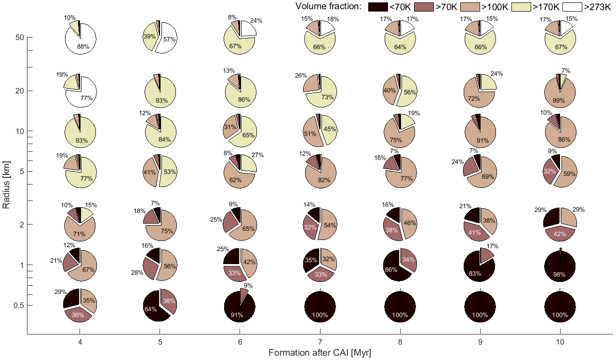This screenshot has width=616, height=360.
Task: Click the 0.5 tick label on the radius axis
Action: [17, 305]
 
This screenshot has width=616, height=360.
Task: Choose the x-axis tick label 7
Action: [320, 343]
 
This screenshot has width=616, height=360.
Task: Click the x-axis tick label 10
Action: [560, 343]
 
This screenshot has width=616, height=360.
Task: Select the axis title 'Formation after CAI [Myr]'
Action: [320, 353]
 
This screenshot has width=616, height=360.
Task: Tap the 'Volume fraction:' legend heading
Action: [328, 6]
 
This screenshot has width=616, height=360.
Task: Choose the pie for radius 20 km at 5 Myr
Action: [160, 91]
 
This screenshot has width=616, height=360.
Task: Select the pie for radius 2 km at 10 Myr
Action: [560, 224]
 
